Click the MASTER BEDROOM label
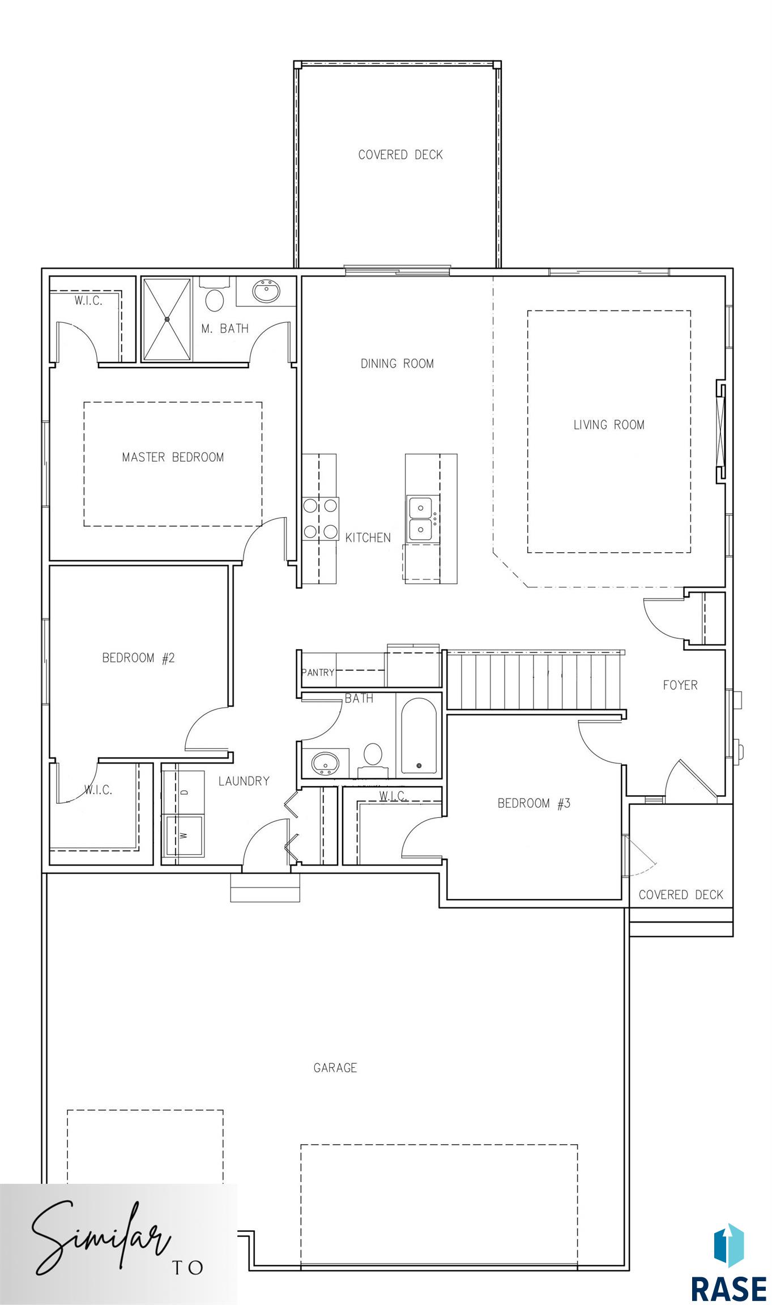173,457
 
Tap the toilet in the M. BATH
215,295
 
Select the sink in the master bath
266,292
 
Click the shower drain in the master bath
167,319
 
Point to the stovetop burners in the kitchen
320,518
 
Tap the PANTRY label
318,672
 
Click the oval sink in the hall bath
325,763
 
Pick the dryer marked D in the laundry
183,792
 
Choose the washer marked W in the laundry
183,835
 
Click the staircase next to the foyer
535,680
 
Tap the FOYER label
680,685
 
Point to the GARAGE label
335,1068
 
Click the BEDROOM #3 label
534,803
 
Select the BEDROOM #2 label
139,658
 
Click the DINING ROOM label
398,364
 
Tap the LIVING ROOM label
609,425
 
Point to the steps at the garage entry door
265,888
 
